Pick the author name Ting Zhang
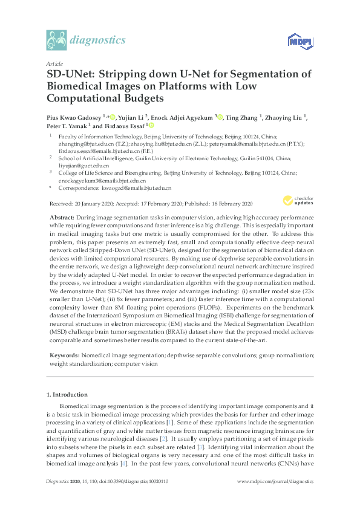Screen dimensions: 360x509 [x=243, y=117]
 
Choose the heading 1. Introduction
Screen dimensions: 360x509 [x=68, y=395]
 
